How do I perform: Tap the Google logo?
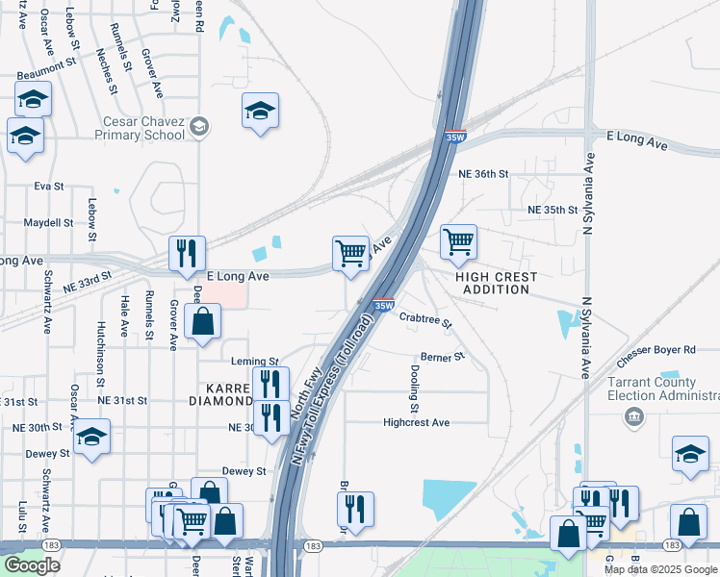click(x=31, y=565)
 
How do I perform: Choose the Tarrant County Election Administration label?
click(x=662, y=389)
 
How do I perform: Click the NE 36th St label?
click(x=477, y=174)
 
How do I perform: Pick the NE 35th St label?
click(x=552, y=209)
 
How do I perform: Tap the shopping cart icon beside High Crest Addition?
click(x=459, y=241)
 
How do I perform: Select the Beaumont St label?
click(x=44, y=65)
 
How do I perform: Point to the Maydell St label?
click(x=49, y=222)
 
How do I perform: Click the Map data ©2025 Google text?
click(x=661, y=569)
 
